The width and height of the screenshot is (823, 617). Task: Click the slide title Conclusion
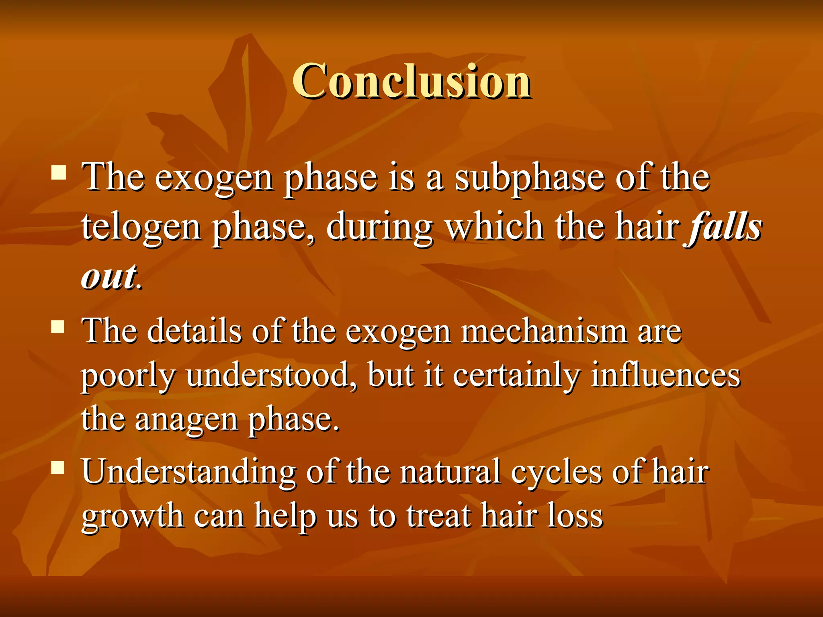pos(411,81)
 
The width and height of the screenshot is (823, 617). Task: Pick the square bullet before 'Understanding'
pos(59,467)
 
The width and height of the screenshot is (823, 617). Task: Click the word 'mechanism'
pos(544,332)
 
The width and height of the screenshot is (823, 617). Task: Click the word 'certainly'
pos(516,377)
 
